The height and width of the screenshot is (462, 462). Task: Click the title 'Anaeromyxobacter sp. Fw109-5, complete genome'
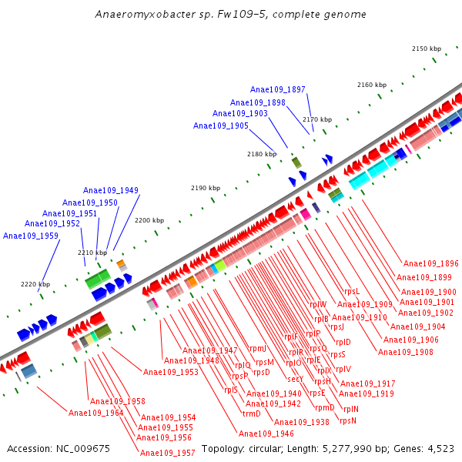(231, 15)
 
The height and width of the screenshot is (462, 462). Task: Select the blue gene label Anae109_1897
(278, 90)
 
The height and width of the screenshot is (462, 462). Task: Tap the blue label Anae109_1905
(221, 126)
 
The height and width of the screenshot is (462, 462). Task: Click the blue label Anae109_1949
(111, 190)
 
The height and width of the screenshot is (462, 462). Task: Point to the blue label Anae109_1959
(31, 236)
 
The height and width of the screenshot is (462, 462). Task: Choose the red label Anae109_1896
(430, 263)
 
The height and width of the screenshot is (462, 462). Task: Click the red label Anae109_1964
(96, 413)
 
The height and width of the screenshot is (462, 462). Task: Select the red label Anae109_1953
(171, 372)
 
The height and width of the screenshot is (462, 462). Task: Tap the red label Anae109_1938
(302, 422)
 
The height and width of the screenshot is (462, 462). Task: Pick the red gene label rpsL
(352, 292)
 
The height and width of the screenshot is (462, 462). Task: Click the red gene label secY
(295, 379)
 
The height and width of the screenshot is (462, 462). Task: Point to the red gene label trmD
(252, 413)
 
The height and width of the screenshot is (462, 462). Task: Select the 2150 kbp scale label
(427, 49)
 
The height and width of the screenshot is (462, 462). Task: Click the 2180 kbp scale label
(261, 154)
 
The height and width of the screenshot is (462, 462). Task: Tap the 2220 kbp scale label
(35, 284)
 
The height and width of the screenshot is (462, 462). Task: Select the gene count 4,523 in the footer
(440, 448)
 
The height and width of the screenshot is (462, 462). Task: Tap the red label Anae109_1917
(368, 383)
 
